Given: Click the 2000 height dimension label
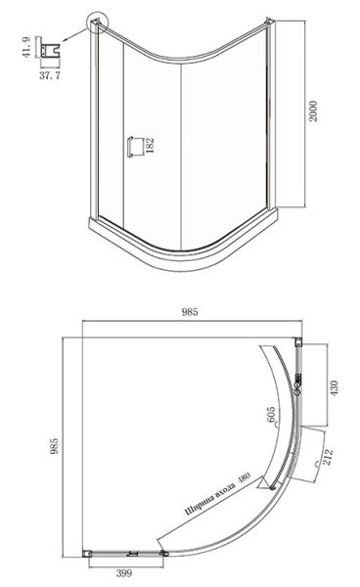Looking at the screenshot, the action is tap(314, 111).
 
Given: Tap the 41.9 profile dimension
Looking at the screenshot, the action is tap(26, 47).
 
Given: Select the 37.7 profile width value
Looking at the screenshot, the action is tap(50, 75).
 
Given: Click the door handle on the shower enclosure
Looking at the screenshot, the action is tap(130, 147).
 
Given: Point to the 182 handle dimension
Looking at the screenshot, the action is tap(150, 146).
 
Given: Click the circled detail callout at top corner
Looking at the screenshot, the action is tap(97, 23).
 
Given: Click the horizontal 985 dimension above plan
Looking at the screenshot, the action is tap(190, 312).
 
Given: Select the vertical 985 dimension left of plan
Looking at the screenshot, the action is tap(55, 446).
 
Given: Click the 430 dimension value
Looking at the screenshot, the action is tap(334, 388).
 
